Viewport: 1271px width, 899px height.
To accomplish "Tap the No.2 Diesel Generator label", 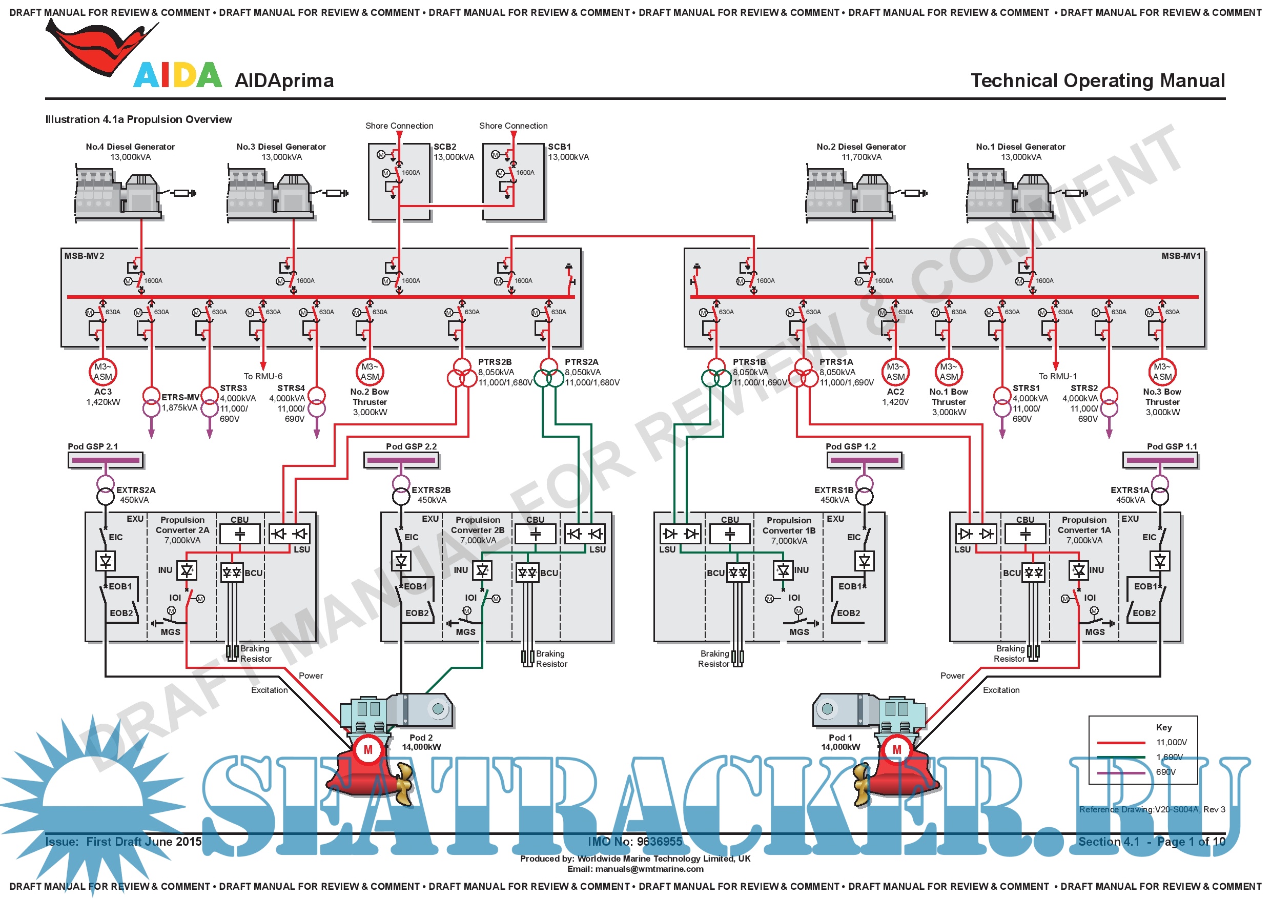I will point(861,147).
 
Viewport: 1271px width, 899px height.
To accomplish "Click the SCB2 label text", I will point(444,147).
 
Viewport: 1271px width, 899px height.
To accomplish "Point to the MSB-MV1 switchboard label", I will point(1181,256).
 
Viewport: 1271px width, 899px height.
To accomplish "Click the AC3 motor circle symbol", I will point(103,372).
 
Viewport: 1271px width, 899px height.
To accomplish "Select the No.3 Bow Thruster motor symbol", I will point(1162,372).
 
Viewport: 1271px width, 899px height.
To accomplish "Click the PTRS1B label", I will point(749,362).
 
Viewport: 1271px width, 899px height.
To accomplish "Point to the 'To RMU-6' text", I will point(263,376).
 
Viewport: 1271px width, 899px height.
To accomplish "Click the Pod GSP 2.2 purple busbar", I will point(401,460).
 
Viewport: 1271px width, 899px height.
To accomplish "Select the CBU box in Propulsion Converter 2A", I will point(240,534).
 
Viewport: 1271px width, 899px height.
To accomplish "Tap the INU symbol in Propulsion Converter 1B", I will point(783,570).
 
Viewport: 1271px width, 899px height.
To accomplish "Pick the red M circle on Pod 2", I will point(368,750).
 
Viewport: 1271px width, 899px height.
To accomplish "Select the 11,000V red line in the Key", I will point(1121,742).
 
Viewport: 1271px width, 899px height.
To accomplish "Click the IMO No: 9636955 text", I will point(635,842).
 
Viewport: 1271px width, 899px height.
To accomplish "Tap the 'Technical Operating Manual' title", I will point(1098,81).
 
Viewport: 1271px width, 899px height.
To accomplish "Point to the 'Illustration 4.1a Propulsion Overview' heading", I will point(138,119).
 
